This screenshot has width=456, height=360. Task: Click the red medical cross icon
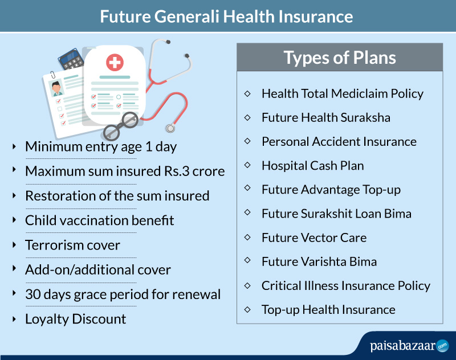coord(115,62)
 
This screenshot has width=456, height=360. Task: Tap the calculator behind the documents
coord(71,59)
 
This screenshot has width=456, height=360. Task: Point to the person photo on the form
coord(56,88)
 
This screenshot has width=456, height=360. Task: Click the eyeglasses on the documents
coord(121,126)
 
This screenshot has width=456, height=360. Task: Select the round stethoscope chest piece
coord(170,128)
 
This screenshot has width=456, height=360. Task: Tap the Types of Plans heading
coord(340,58)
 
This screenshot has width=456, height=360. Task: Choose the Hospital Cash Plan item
coord(312,166)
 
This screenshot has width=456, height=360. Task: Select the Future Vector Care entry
coord(314,238)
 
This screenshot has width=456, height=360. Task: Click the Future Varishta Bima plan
coord(319,261)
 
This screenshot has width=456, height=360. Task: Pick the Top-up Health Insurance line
coord(328,310)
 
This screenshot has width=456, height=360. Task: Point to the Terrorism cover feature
coord(72,245)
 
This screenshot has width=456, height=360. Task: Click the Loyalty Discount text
coord(76,319)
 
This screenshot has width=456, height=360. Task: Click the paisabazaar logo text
coord(402,346)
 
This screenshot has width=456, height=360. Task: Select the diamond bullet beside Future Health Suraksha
coord(247,118)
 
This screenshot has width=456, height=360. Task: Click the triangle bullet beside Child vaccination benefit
coord(14,220)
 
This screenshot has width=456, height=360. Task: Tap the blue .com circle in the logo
coord(442,346)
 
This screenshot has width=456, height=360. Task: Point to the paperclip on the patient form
coord(52,75)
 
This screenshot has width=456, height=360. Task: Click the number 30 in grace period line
coord(33,294)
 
